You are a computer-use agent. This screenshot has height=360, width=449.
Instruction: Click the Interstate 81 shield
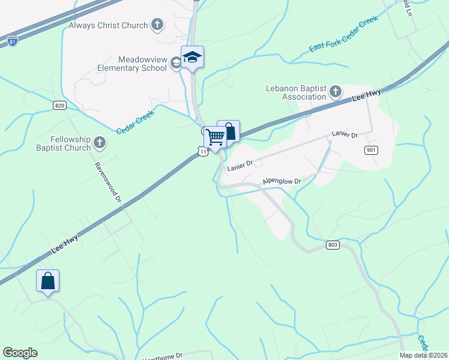[x=13, y=41]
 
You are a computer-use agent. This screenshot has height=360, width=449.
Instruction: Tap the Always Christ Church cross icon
[x=157, y=25]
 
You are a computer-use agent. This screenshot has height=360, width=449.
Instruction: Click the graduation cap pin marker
[x=192, y=58]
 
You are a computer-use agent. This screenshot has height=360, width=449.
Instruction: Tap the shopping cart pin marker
[x=215, y=137]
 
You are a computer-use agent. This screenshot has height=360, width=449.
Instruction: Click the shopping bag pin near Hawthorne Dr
[x=48, y=281]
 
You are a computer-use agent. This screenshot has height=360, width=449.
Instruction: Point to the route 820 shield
[x=59, y=105]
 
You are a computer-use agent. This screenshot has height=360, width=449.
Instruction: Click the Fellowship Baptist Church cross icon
[x=100, y=143]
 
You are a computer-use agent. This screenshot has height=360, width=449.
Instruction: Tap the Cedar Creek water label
[x=136, y=122]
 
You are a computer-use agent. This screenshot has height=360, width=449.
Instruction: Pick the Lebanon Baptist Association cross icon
[x=335, y=92]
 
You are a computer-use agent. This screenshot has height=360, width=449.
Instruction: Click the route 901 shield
[x=370, y=150]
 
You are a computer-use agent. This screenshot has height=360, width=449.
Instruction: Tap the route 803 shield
[x=333, y=245]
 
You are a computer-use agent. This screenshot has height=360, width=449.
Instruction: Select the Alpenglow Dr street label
[x=281, y=181]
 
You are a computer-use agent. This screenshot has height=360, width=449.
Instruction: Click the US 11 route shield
[x=203, y=152]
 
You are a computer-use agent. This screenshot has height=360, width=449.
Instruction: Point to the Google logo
[x=20, y=353]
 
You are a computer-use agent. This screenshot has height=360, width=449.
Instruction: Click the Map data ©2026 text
[x=424, y=355]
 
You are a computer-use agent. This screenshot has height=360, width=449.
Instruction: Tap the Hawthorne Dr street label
[x=162, y=356]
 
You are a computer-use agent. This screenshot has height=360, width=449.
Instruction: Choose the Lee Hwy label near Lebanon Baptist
[x=366, y=94]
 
